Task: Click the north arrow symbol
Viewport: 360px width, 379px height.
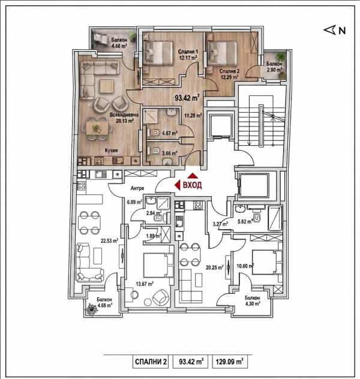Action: tap(329, 30)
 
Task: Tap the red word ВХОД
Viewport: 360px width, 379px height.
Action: tap(192, 185)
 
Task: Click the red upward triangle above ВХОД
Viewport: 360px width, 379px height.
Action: tap(193, 176)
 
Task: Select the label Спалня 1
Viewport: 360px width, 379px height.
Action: tap(188, 52)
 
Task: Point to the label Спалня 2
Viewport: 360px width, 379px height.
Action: tap(229, 71)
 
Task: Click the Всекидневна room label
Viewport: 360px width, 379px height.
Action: tap(124, 115)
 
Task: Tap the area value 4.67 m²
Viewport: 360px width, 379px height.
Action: tap(170, 133)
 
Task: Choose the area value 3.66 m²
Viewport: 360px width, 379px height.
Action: tap(170, 154)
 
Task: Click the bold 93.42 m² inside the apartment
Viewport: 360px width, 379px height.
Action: tap(187, 98)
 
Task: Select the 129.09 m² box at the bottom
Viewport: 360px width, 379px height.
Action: tap(230, 362)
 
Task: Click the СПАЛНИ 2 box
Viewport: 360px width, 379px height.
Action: tap(151, 362)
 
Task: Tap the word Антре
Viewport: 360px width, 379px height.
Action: tap(137, 188)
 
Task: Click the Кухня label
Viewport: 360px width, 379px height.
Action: tap(111, 151)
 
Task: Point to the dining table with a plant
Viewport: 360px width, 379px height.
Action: tap(97, 127)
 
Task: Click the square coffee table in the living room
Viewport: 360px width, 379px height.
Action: tap(106, 86)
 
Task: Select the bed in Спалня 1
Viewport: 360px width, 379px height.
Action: tap(158, 53)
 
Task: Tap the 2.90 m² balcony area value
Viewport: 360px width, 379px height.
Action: tap(274, 70)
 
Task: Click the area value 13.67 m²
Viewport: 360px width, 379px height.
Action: tap(145, 284)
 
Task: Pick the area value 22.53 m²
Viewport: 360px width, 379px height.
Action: tap(110, 240)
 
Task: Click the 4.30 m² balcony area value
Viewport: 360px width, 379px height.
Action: tap(253, 303)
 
